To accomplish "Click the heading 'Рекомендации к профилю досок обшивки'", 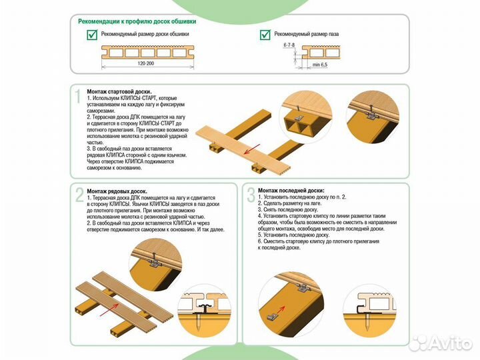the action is pyautogui.click(x=137, y=21).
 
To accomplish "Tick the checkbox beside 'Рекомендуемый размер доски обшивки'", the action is pyautogui.click(x=92, y=35).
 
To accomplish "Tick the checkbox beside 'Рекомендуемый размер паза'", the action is pyautogui.click(x=265, y=35).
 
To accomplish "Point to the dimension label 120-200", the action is pyautogui.click(x=146, y=63).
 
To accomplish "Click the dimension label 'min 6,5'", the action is pyautogui.click(x=319, y=65).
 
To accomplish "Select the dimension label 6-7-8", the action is pyautogui.click(x=289, y=45).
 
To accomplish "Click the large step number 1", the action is pyautogui.click(x=79, y=97).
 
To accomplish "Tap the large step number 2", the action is pyautogui.click(x=79, y=195).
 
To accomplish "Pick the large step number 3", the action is pyautogui.click(x=251, y=195).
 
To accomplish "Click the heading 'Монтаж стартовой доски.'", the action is pyautogui.click(x=119, y=91).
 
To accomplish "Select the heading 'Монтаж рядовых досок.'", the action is pyautogui.click(x=117, y=191).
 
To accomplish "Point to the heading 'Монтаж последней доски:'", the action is pyautogui.click(x=291, y=191).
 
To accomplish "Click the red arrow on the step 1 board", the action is pyautogui.click(x=252, y=149).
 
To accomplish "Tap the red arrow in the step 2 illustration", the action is pyautogui.click(x=109, y=309).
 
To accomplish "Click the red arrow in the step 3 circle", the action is pyautogui.click(x=281, y=309).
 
